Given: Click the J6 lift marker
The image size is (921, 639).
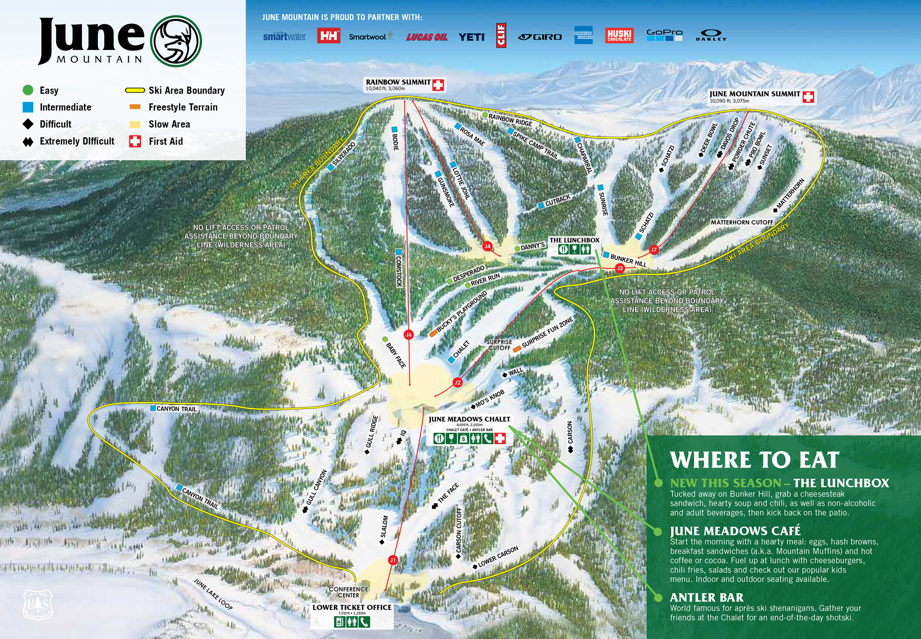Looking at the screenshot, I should pos(408,335).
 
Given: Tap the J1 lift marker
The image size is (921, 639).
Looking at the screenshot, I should pos(393,560).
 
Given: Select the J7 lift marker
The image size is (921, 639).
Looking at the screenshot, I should pos(653,249).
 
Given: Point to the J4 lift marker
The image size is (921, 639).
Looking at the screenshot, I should pos(487,246).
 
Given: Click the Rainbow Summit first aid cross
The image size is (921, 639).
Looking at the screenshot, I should pos(437,85).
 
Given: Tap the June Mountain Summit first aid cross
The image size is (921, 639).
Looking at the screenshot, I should pos(808,97).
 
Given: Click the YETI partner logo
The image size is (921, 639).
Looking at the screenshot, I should pos(472,37).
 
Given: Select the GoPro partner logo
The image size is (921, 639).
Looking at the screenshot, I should pos(664,35).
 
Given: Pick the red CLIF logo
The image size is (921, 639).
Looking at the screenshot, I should pos(501,35).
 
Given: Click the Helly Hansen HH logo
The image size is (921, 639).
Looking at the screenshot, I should pos(329,35).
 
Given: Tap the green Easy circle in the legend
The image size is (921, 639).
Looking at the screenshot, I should pos(28,90).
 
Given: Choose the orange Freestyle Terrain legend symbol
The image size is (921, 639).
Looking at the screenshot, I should pos(135,107).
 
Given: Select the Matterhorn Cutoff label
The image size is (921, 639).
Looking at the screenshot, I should pos(742,223).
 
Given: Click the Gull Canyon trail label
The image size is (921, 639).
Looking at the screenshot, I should pos(317,487).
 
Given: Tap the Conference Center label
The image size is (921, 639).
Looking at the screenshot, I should pos(348,592).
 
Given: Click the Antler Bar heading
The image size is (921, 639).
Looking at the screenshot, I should pos(706,597).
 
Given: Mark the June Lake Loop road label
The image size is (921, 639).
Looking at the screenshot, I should pos(213,594).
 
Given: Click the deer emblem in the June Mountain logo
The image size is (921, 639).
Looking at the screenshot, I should pos(176,41).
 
